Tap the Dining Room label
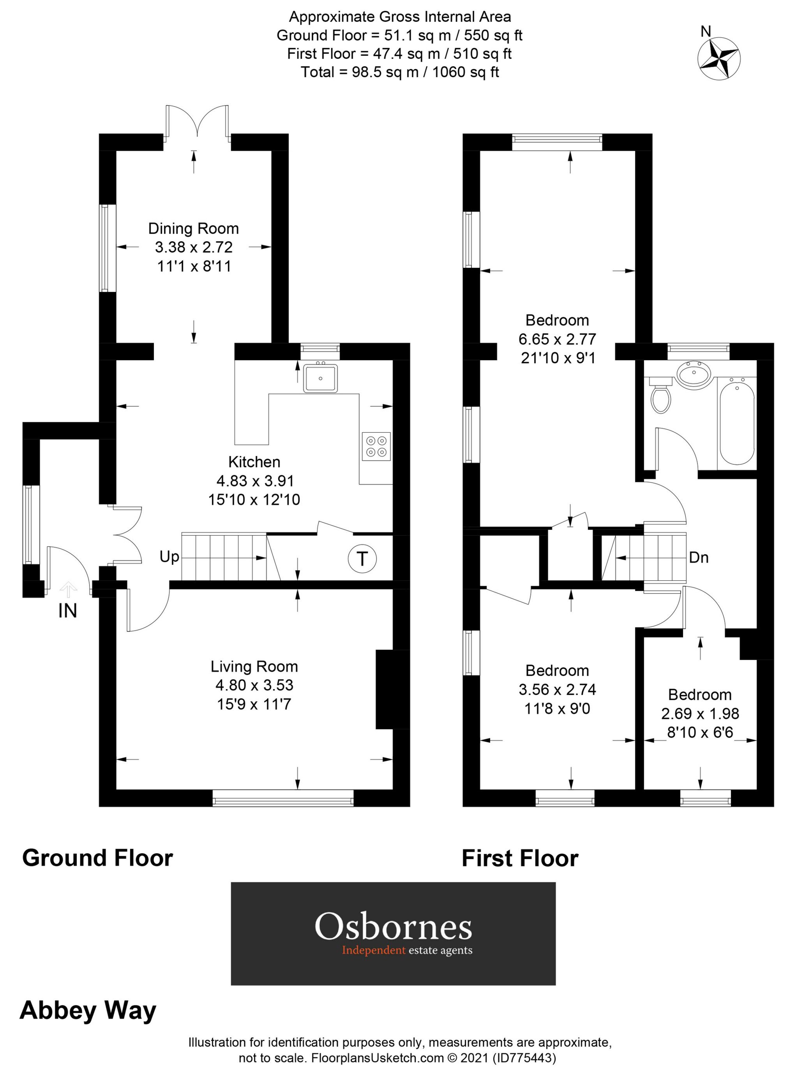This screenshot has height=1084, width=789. pyautogui.click(x=194, y=228)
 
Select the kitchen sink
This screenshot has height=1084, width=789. pyautogui.click(x=320, y=378)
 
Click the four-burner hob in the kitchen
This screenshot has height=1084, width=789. pyautogui.click(x=376, y=446)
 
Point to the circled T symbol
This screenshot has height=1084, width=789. pyautogui.click(x=362, y=558)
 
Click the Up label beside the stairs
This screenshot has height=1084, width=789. pyautogui.click(x=169, y=557)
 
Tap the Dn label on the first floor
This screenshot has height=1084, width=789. pyautogui.click(x=698, y=557)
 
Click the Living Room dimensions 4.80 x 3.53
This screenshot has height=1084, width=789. pyautogui.click(x=254, y=685)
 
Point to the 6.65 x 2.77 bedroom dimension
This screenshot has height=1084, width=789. pyautogui.click(x=557, y=339)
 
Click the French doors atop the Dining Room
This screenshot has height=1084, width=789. pyautogui.click(x=197, y=123)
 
